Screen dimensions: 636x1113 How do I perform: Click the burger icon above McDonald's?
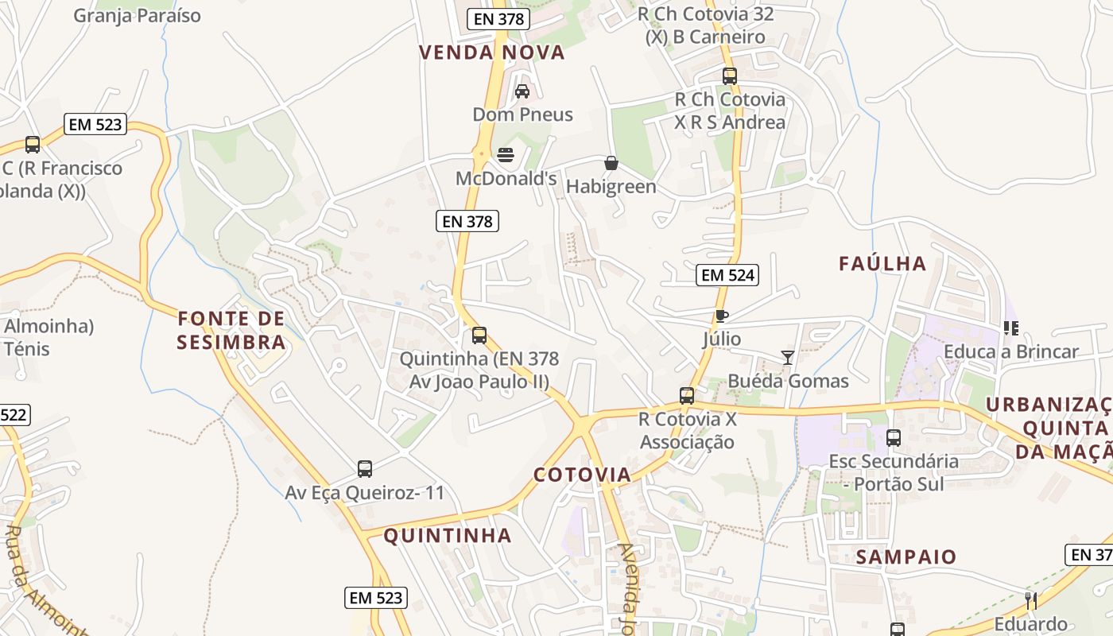(x=506, y=153)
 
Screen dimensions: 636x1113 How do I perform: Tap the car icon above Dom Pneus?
(x=522, y=91)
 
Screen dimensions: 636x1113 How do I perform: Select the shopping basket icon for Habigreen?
(x=611, y=163)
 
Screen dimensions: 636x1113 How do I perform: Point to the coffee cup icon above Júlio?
(x=721, y=316)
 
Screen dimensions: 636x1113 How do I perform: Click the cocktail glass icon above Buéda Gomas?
(x=787, y=358)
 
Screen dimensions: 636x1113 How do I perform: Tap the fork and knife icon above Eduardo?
(x=1031, y=600)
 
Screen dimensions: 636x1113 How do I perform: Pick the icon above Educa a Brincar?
(x=1011, y=328)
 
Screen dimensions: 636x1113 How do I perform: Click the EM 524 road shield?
(x=727, y=275)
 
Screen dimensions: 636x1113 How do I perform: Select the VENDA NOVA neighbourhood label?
(x=491, y=52)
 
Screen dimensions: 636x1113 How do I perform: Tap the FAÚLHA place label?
(x=882, y=263)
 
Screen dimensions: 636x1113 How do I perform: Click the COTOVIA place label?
(x=582, y=475)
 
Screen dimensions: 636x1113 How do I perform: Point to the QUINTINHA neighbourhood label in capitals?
(x=448, y=535)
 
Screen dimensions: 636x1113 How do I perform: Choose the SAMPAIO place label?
(x=906, y=556)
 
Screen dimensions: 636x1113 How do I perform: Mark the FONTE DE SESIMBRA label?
(x=231, y=331)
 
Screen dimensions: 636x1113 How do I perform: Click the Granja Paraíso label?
(x=137, y=15)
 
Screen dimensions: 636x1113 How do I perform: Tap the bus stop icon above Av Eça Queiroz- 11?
(x=365, y=469)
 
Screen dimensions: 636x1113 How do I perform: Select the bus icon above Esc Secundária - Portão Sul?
(x=894, y=437)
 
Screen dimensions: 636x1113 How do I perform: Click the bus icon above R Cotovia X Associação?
(x=687, y=395)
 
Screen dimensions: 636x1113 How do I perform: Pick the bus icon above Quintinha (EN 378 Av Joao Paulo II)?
(x=479, y=335)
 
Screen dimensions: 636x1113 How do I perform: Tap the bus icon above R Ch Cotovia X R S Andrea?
(x=730, y=76)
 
